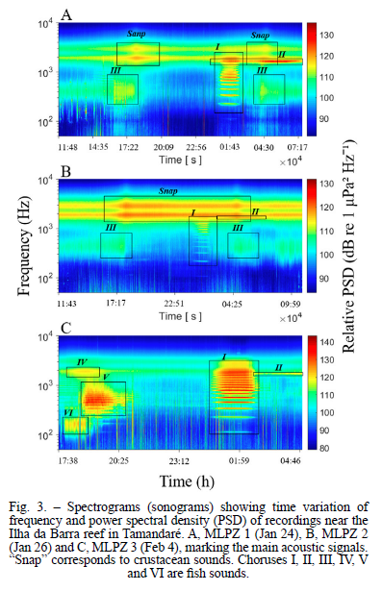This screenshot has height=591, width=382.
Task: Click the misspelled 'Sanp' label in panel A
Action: point(137,34)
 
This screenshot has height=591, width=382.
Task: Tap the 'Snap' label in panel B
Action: point(168,191)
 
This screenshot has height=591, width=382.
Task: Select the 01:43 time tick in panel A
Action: point(230,147)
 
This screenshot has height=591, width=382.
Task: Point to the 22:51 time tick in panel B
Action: point(174,304)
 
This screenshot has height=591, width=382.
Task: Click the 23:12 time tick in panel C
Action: point(179,460)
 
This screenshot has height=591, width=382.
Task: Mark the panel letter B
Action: point(66,172)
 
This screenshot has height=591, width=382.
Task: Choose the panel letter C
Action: point(66,329)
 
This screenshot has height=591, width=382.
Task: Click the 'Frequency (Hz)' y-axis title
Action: point(23,246)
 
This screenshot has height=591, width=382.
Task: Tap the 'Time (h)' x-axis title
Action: point(187,481)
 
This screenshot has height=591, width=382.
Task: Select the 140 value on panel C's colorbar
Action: point(327,342)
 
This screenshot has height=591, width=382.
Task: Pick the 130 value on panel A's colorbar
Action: point(327,35)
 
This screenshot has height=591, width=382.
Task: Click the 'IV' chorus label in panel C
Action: point(83,362)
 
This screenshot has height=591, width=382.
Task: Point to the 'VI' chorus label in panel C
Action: point(68,412)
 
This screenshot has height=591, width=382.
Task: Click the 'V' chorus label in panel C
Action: point(106,377)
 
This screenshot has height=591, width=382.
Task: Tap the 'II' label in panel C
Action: point(279,367)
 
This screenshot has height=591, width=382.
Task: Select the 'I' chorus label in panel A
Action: point(217,47)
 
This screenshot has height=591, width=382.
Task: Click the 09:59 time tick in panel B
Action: point(291,304)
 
